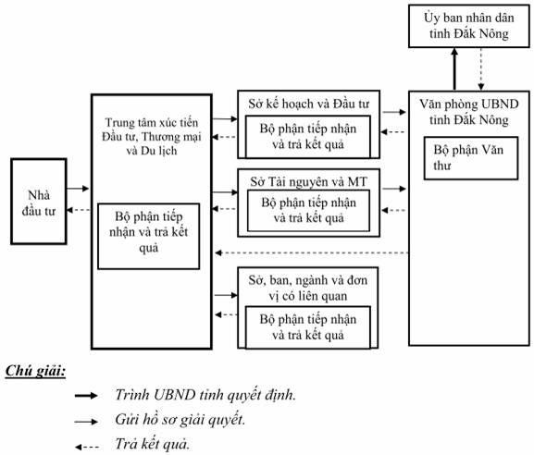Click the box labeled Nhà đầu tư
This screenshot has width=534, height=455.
(39, 201)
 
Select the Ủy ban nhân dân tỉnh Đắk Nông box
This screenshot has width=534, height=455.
(468, 26)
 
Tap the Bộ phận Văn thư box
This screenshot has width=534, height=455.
(471, 158)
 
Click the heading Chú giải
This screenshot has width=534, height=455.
(35, 370)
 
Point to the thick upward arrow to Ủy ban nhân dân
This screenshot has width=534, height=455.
(454, 69)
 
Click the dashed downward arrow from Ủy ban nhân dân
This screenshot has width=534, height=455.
(480, 69)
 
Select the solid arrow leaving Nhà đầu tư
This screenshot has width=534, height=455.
(78, 188)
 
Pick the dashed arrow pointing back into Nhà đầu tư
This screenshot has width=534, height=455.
(79, 210)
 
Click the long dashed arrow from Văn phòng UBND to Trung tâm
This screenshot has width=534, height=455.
(312, 252)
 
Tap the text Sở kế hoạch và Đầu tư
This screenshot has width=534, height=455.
(308, 104)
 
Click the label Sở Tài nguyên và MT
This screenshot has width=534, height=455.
(308, 182)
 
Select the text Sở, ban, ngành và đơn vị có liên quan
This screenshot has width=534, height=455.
(308, 288)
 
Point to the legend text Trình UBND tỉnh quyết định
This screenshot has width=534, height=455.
(205, 395)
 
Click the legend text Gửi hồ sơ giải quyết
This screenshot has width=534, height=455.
(180, 420)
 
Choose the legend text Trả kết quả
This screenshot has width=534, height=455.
(152, 444)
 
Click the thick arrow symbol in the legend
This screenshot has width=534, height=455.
(86, 396)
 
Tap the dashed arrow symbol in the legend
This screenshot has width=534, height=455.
(87, 447)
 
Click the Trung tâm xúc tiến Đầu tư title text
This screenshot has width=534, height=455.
(152, 137)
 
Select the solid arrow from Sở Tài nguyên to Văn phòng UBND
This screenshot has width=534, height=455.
(394, 189)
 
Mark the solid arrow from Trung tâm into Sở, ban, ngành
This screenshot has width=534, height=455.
(226, 295)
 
